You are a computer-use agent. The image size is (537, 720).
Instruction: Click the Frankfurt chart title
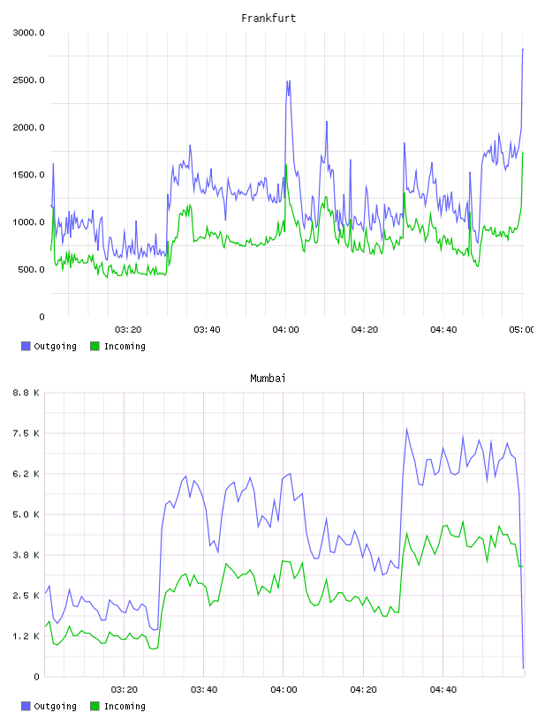point(268,19)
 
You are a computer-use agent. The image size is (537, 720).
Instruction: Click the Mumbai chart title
point(268,379)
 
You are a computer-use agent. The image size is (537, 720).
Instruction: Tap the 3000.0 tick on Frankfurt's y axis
point(28,33)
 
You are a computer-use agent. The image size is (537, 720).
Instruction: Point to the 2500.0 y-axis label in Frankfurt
point(28,80)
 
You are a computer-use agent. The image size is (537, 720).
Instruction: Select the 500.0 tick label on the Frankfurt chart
point(31,269)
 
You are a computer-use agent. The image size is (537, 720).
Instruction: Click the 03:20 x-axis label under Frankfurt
point(128,330)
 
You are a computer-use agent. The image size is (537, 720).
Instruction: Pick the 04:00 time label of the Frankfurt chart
point(285,330)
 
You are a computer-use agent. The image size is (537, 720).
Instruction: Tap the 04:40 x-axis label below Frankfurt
point(443,330)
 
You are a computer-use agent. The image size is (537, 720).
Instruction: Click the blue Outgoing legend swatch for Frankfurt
point(26,346)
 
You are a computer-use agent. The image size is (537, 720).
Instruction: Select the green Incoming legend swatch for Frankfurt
point(95,346)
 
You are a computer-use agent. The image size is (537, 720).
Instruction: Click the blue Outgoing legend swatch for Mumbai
point(26,706)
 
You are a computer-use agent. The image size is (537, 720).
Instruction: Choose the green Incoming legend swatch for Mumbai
point(95,706)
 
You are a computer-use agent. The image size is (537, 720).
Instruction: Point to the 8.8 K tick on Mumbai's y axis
point(26,393)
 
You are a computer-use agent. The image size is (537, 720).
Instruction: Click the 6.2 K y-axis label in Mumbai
point(26,474)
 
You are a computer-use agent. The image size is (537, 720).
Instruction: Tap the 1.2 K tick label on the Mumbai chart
point(26,636)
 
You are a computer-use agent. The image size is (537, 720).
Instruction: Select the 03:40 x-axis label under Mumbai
point(204,690)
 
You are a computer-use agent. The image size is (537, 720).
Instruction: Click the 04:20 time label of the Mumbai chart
point(363,690)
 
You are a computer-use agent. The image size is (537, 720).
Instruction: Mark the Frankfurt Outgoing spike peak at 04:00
point(288,81)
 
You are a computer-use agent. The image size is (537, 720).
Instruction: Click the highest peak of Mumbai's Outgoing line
point(406,429)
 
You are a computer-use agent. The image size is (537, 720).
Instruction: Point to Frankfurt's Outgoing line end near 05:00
point(523,49)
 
